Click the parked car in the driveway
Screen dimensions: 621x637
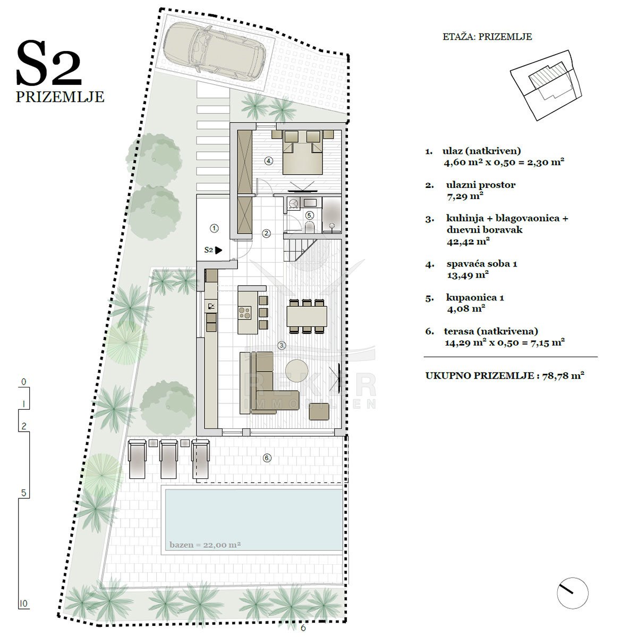tap(215, 51)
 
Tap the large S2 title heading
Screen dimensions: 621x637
tap(49, 63)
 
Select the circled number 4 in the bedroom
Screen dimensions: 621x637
tap(269, 161)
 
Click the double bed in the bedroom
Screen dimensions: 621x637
tap(302, 152)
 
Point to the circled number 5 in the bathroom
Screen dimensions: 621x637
tap(310, 216)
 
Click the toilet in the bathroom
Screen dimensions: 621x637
tap(310, 227)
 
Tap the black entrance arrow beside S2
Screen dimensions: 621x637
tap(218, 251)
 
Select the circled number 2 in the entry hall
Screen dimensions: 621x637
tap(267, 234)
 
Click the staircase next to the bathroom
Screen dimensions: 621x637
tap(301, 250)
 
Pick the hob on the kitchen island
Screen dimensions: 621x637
tap(244, 312)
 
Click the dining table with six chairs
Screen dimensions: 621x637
tap(307, 316)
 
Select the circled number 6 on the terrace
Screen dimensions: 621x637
tap(267, 458)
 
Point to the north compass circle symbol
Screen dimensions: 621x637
tap(572, 593)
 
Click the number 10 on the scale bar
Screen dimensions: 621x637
tap(23, 603)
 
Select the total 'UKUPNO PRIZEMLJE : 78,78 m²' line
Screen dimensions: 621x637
tap(505, 375)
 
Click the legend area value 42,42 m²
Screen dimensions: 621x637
tap(468, 242)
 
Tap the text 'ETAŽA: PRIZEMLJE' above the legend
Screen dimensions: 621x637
tap(487, 37)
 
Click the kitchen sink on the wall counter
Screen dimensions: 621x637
tap(211, 307)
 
